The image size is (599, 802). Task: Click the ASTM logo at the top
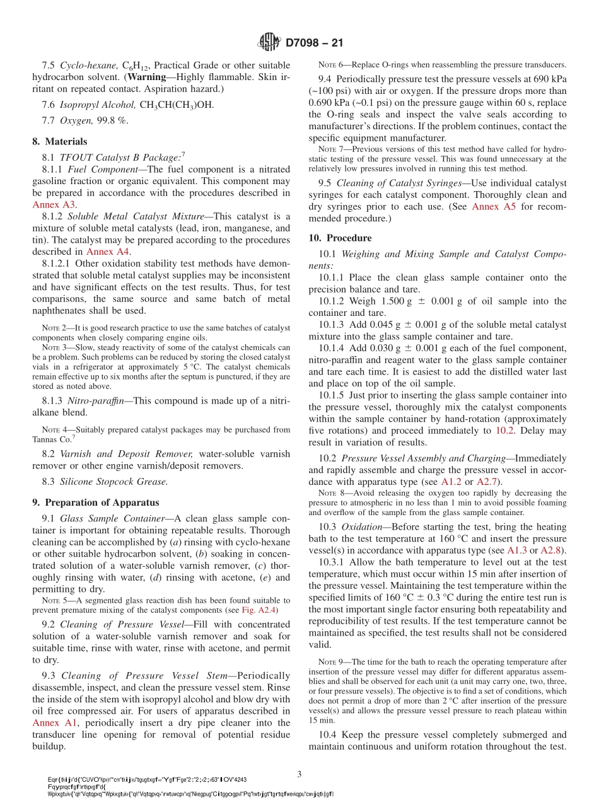(x=269, y=43)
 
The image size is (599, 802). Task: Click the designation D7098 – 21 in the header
(x=314, y=43)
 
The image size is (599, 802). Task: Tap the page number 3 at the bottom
(x=299, y=774)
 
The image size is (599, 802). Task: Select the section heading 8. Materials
(x=60, y=141)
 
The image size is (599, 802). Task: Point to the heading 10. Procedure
(x=340, y=238)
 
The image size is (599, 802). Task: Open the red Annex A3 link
(x=54, y=205)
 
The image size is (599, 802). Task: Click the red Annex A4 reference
(x=107, y=252)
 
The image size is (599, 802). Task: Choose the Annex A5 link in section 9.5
(x=494, y=207)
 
